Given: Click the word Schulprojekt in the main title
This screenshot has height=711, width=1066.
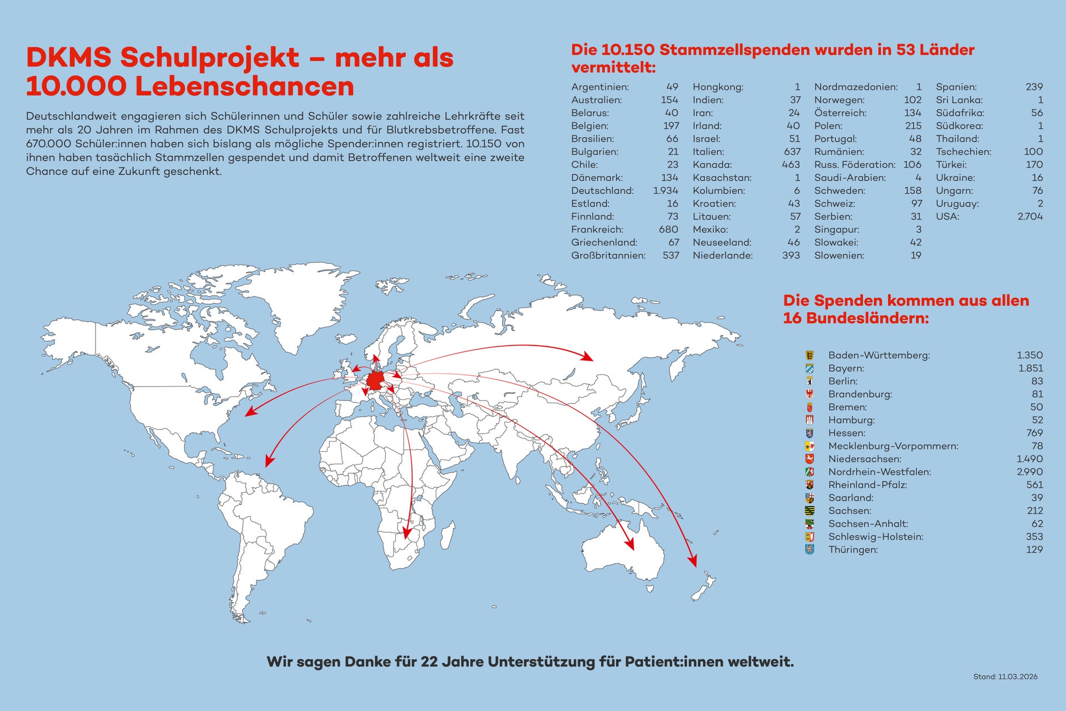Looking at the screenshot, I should coord(210,58).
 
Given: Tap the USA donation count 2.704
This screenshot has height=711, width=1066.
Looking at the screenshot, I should coord(1030,217).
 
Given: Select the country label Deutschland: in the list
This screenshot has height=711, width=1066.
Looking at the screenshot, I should coord(602,191).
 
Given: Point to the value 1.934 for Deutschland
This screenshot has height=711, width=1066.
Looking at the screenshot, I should coord(665,191).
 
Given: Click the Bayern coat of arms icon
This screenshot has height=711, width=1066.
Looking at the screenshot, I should coord(809,368).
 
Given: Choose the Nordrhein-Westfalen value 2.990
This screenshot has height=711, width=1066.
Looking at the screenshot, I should coord(1029,472).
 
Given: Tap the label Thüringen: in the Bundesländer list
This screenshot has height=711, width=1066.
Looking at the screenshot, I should coord(853,549).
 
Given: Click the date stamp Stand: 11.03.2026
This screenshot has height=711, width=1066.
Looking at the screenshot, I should coord(1005,677).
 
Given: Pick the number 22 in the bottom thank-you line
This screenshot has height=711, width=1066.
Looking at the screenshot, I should coord(430,662).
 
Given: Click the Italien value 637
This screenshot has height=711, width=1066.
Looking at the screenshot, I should coord(792,152).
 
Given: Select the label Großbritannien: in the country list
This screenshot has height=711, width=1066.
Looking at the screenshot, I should coord(608,256).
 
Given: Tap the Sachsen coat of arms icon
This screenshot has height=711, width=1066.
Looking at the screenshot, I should coord(809,510).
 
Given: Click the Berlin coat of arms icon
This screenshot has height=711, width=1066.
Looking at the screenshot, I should coord(809,381).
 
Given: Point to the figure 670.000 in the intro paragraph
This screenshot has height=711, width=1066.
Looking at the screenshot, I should coord(49,144).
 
